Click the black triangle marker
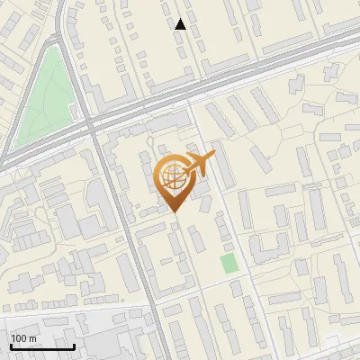[x=181, y=24]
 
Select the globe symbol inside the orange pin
[x=172, y=176]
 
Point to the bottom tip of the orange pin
[x=173, y=212]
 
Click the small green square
[x=229, y=264]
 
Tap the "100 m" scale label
[x=23, y=338]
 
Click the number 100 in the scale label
[x=19, y=338]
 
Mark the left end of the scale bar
[x=11, y=346]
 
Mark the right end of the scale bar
[x=74, y=346]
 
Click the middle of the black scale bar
[x=42, y=346]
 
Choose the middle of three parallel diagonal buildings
[x=243, y=113]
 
